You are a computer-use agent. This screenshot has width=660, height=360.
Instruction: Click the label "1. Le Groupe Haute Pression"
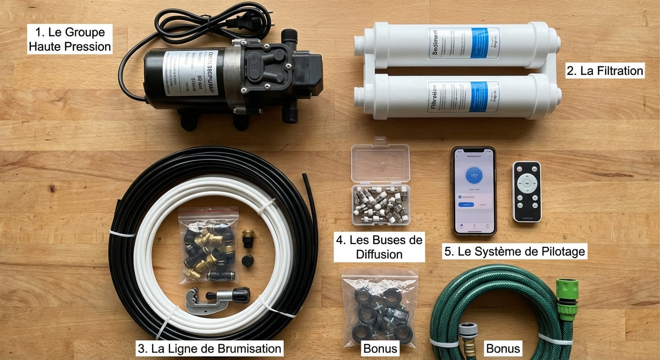(x=70, y=39)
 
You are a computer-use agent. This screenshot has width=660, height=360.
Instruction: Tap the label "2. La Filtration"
(x=605, y=71)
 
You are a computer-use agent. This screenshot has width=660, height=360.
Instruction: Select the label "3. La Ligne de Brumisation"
(x=210, y=348)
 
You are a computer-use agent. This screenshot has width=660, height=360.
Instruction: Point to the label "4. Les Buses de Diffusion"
(x=379, y=247)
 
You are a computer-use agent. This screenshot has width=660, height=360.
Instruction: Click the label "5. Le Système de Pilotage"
(x=515, y=252)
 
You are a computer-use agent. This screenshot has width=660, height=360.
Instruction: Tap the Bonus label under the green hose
(x=503, y=348)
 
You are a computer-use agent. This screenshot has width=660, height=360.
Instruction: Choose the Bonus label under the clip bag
(x=380, y=348)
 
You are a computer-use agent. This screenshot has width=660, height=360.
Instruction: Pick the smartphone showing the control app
(x=473, y=191)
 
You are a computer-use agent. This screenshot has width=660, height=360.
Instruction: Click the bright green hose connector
(x=567, y=299)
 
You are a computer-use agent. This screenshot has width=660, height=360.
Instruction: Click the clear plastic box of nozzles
(x=380, y=183)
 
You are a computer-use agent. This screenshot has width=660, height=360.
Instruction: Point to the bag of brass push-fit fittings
(x=208, y=244)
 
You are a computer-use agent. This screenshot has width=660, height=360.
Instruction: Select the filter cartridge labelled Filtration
(x=457, y=96)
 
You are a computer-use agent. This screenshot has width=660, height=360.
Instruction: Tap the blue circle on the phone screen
(x=473, y=175)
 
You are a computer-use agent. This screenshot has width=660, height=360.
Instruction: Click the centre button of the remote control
(x=526, y=183)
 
